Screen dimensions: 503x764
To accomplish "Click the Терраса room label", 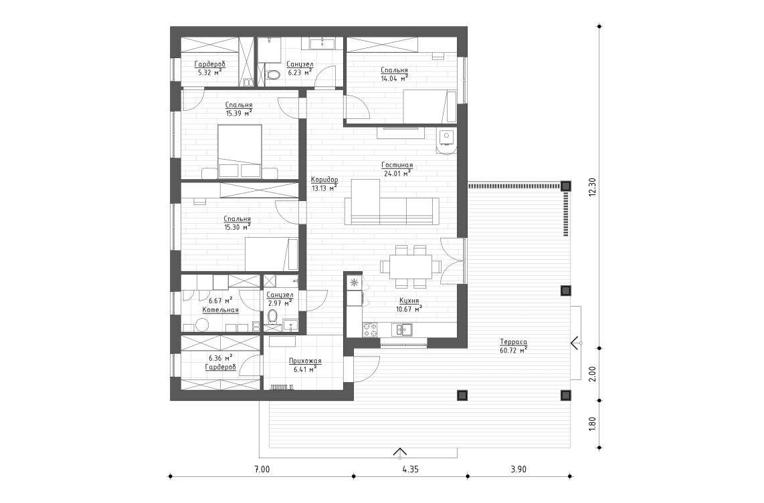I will pyautogui.click(x=512, y=345).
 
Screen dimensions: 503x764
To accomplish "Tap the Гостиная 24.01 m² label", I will pyautogui.click(x=397, y=168).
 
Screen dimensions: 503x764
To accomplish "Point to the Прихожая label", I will pyautogui.click(x=305, y=365).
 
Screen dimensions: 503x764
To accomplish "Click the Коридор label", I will pyautogui.click(x=324, y=184).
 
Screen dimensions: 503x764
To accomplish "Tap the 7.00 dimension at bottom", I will pyautogui.click(x=262, y=470).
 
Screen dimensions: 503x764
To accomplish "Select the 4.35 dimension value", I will pyautogui.click(x=410, y=470).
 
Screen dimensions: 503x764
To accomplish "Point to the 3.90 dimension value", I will pyautogui.click(x=518, y=470).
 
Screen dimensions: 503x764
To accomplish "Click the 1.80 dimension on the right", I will pyautogui.click(x=591, y=424).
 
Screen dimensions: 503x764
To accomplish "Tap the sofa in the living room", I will pyautogui.click(x=391, y=210).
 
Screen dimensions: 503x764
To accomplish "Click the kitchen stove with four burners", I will pyautogui.click(x=369, y=329).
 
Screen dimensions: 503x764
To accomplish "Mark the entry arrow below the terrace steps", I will pyautogui.click(x=399, y=452).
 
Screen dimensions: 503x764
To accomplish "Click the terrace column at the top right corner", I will pyautogui.click(x=565, y=186).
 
